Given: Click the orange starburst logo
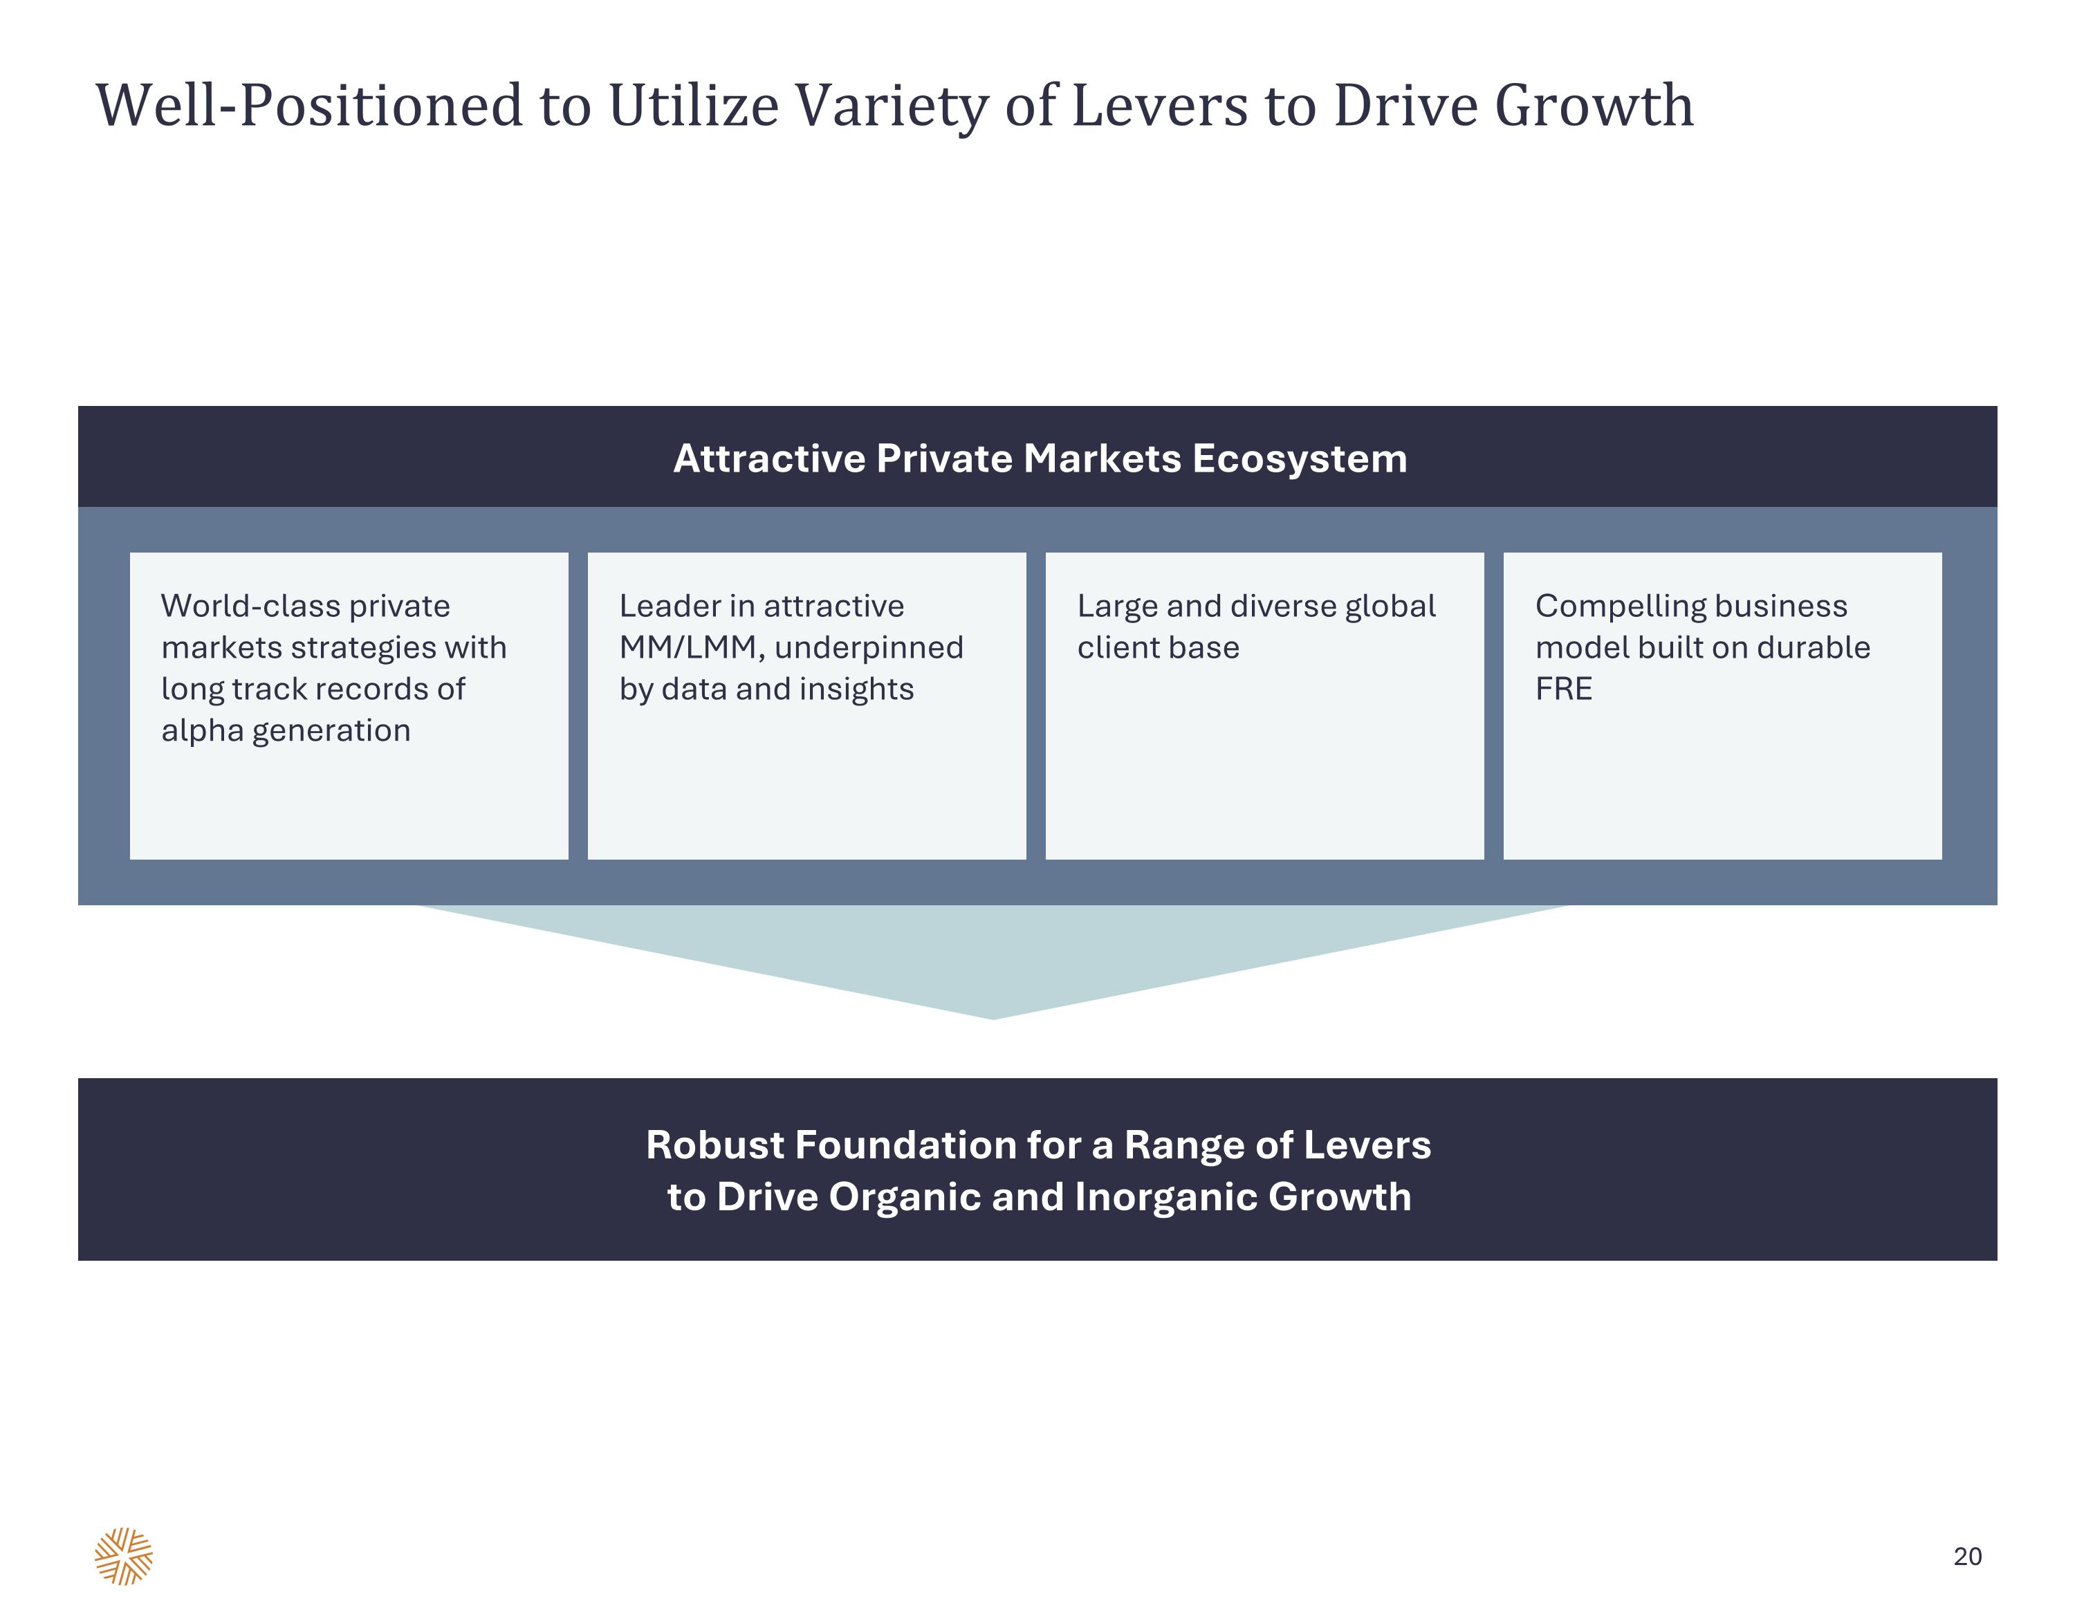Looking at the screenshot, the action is click(124, 1556).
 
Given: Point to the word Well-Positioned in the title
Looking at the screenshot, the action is click(310, 107).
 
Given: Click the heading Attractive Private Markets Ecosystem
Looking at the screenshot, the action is click(1040, 459).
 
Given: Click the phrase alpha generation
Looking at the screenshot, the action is click(286, 731).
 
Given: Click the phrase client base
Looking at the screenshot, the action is click(1158, 647).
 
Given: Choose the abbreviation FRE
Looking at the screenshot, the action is click(1564, 689).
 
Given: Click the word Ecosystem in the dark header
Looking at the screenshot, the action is click(1300, 460).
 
